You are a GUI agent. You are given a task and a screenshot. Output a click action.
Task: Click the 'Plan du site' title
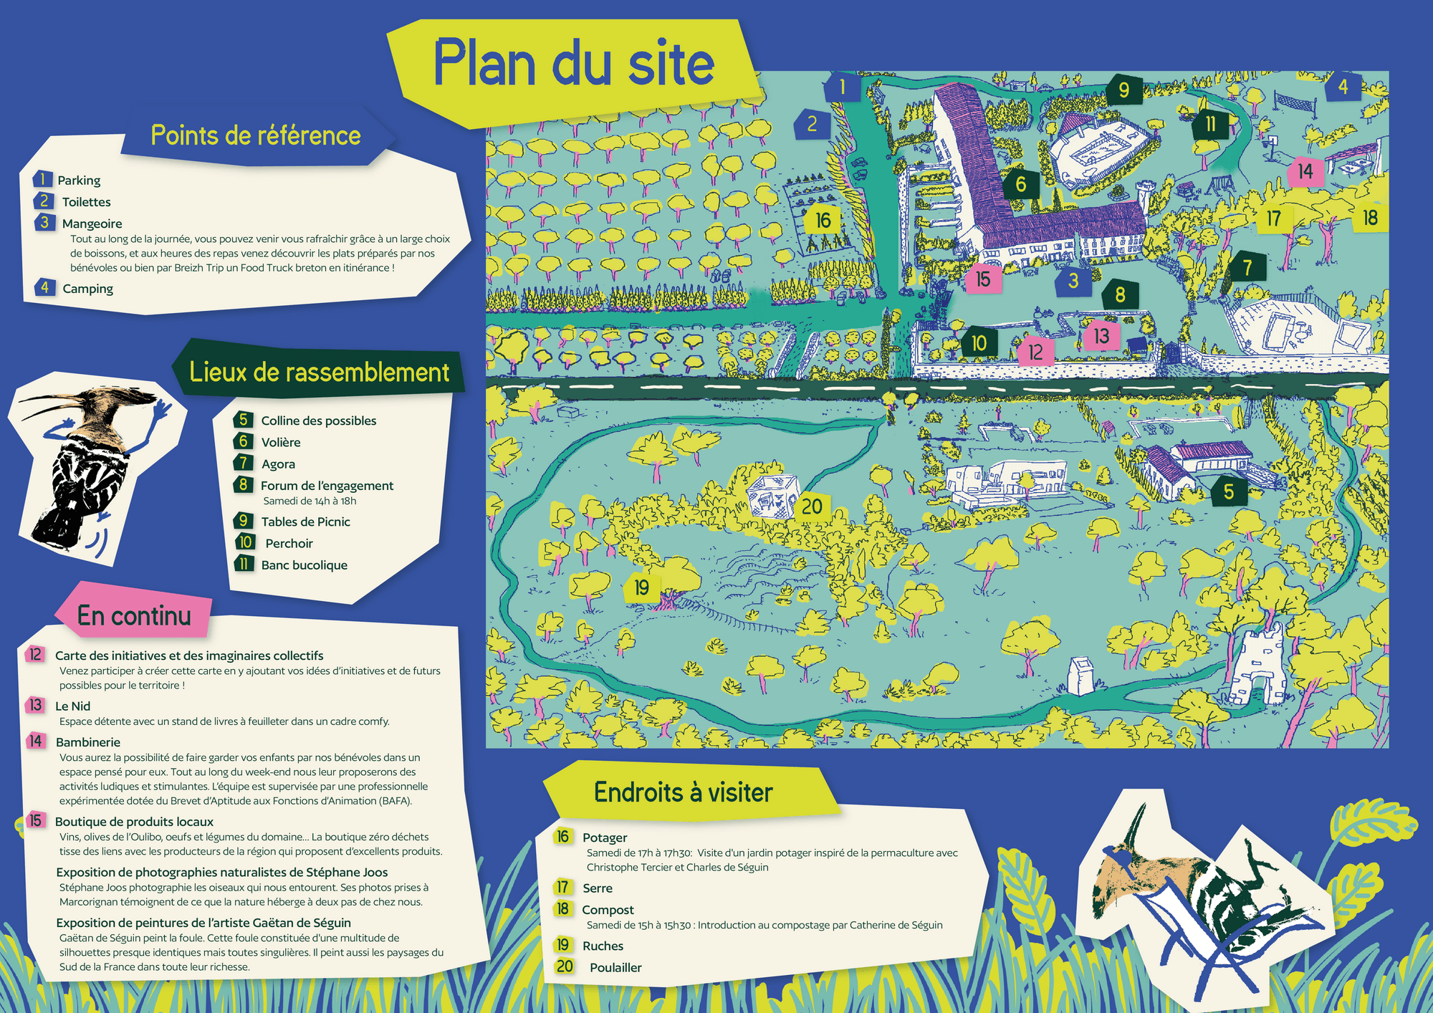point(573,64)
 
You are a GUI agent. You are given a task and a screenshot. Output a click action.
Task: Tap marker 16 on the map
point(823,220)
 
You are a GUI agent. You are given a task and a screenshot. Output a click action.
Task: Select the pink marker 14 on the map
point(1304,172)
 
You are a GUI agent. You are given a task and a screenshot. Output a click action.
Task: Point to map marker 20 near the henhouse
point(811,506)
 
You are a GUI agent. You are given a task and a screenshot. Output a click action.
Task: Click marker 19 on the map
point(641,588)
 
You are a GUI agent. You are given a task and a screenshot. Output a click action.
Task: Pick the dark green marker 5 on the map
point(1228,491)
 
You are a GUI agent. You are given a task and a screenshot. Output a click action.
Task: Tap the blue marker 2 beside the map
point(812,125)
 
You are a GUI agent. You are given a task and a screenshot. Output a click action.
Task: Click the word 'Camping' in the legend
point(87,289)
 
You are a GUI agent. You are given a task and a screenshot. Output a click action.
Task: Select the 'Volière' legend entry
point(280,443)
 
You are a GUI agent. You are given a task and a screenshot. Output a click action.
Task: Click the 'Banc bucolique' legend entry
point(304,565)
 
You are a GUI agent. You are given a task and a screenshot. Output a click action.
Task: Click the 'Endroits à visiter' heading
point(683,793)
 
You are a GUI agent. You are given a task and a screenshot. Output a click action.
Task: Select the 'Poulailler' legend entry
point(615,968)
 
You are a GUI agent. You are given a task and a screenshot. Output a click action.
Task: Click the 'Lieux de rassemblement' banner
point(319,373)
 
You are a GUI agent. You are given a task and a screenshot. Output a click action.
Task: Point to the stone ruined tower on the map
point(1258,666)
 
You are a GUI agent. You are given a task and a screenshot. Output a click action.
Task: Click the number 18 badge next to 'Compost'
point(563,909)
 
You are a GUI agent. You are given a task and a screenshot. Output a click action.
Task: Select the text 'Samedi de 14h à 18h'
point(309,501)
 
